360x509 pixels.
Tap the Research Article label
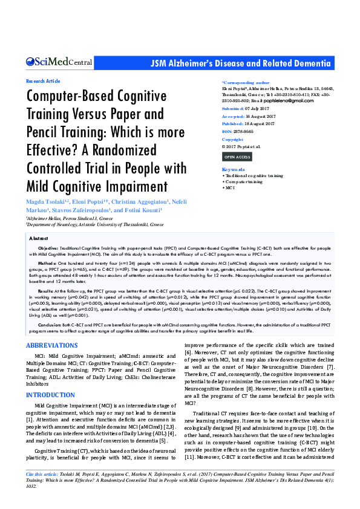(43, 80)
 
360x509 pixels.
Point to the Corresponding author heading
(246, 82)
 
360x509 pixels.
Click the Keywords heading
(234, 170)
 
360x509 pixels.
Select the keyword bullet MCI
(231, 188)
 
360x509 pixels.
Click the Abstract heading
(38, 239)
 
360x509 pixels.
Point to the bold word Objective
(48, 248)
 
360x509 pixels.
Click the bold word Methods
(47, 264)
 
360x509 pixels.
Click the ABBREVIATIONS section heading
(51, 345)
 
